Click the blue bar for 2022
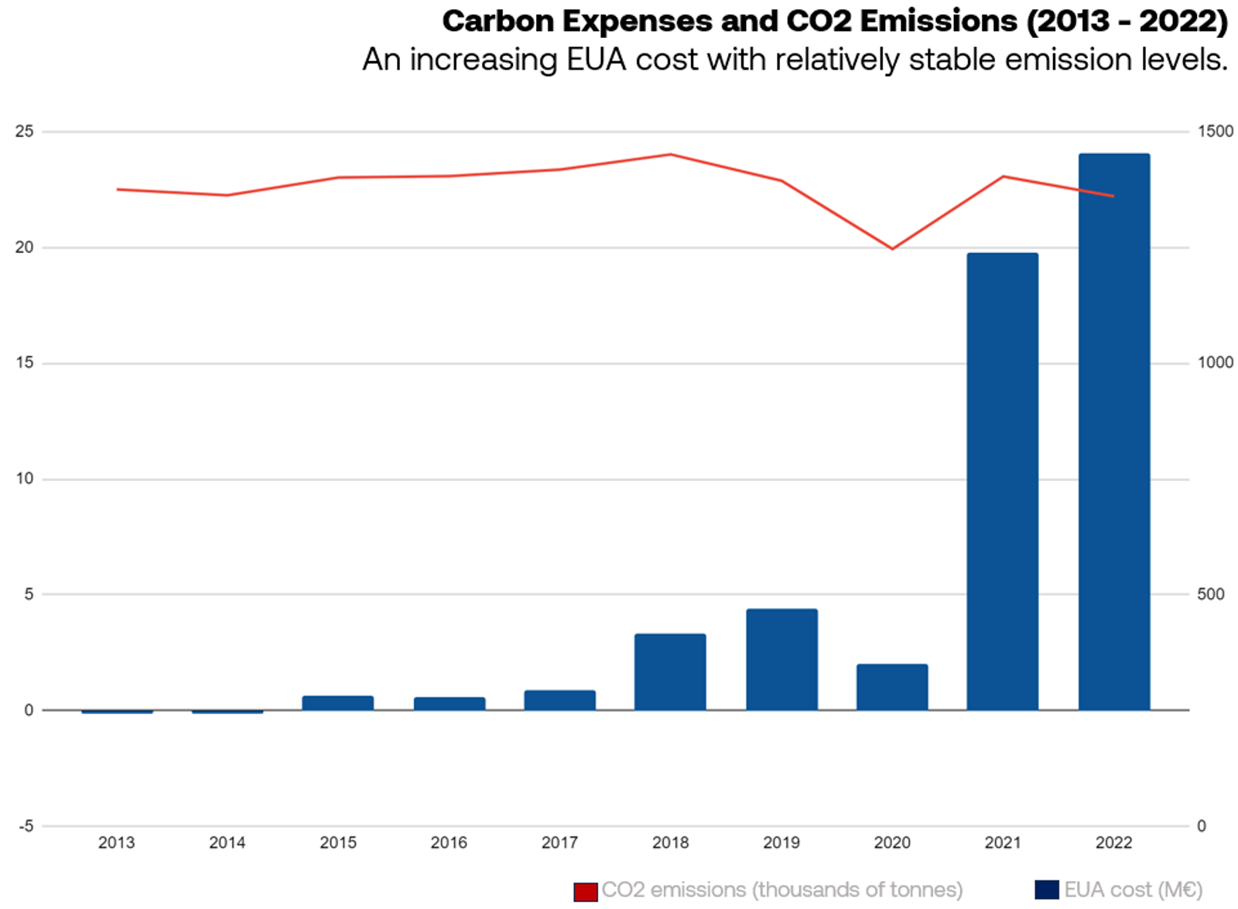click(x=1114, y=432)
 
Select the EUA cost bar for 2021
click(x=1003, y=482)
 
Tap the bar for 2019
click(x=781, y=660)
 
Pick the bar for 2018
click(x=670, y=672)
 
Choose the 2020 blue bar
click(x=892, y=688)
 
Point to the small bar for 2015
click(x=338, y=703)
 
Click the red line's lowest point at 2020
click(x=892, y=248)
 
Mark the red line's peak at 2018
click(x=670, y=154)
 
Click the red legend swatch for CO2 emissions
click(x=585, y=892)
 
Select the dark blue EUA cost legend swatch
click(x=1047, y=890)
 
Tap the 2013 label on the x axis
click(x=117, y=842)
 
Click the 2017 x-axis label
click(x=560, y=842)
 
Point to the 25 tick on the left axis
click(x=24, y=132)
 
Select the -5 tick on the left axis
click(x=26, y=826)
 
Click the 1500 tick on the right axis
click(x=1216, y=132)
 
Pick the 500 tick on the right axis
click(x=1211, y=595)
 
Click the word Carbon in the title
click(x=498, y=22)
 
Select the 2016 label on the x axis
click(x=449, y=842)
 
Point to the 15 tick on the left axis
click(x=25, y=363)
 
